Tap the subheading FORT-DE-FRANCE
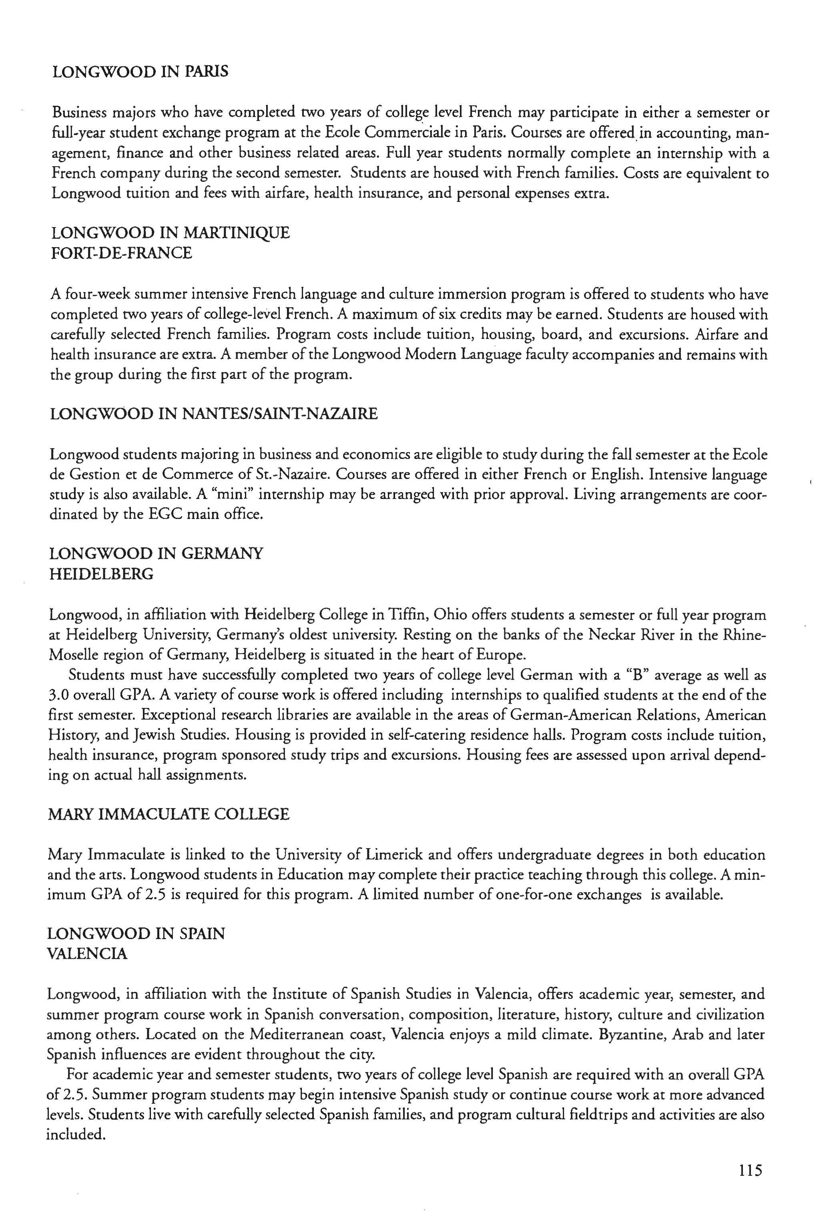[121, 253]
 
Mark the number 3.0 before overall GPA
[59, 695]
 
